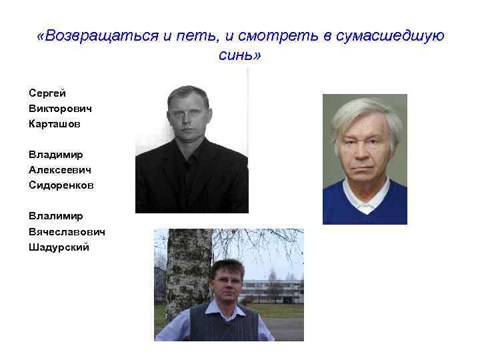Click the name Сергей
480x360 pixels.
coord(47,93)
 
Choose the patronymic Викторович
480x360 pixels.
coord(60,108)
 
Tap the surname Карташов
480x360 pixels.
coord(55,123)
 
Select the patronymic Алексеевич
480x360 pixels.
coord(60,169)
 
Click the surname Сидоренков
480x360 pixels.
coord(61,185)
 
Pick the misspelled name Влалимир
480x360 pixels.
coord(56,216)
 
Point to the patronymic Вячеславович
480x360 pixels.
coord(67,231)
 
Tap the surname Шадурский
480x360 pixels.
coord(59,247)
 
